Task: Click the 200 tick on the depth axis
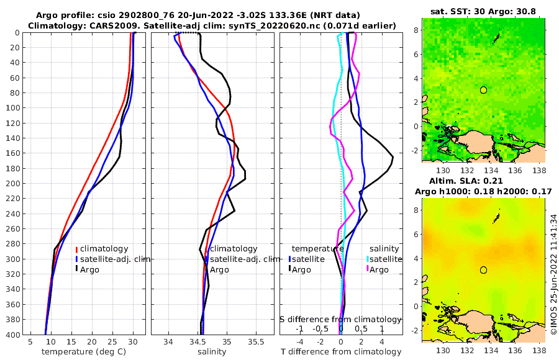pyautogui.click(x=12, y=183)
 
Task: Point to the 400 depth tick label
pyautogui.click(x=12, y=335)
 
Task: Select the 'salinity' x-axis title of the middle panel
pyautogui.click(x=212, y=352)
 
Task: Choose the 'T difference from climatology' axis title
pyautogui.click(x=341, y=352)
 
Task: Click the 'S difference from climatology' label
pyautogui.click(x=340, y=319)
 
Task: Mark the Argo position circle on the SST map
pyautogui.click(x=483, y=90)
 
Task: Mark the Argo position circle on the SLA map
pyautogui.click(x=483, y=270)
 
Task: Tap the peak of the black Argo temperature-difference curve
pyautogui.click(x=393, y=158)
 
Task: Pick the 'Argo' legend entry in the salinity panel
pyautogui.click(x=219, y=269)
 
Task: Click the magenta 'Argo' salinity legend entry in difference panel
pyautogui.click(x=379, y=269)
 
